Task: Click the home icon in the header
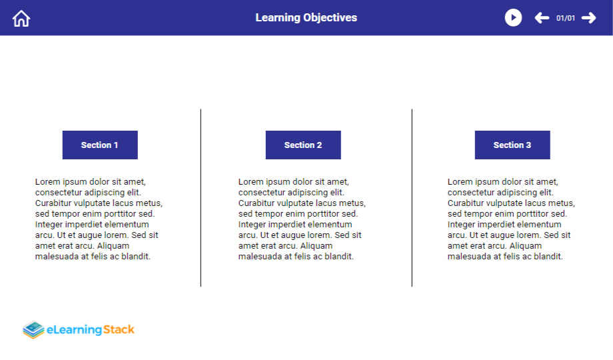21,19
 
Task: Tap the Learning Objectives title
306,17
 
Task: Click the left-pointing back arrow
542,17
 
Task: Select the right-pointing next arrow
589,17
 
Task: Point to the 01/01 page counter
566,18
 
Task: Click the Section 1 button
100,145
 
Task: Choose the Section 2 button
303,145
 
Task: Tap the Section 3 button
512,145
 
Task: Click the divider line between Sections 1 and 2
201,197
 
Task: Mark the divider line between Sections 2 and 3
412,197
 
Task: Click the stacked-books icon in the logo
33,329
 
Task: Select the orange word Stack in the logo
119,329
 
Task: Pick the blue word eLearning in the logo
74,330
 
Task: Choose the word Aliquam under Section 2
316,246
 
